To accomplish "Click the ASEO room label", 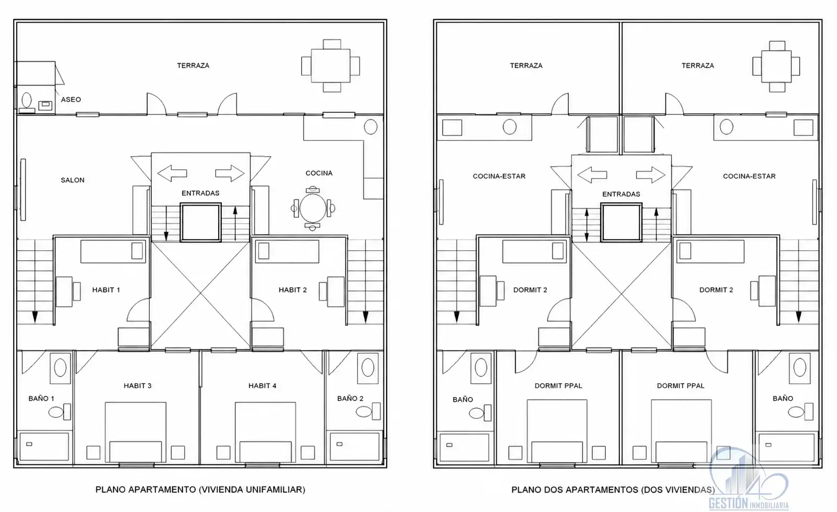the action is click(x=71, y=99).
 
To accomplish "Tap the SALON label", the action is click(x=73, y=180).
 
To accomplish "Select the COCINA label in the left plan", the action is click(x=319, y=173).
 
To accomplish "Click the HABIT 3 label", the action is click(x=138, y=386).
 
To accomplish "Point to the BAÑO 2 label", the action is click(x=350, y=398).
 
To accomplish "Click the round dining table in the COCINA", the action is click(x=313, y=208).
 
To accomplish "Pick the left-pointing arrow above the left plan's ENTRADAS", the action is click(x=172, y=173).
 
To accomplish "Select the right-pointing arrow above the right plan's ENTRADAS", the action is click(x=651, y=174).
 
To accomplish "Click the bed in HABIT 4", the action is click(x=265, y=433).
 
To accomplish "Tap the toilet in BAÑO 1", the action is click(x=60, y=412).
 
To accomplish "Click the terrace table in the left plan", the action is click(x=331, y=66).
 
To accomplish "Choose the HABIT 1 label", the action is click(x=106, y=290).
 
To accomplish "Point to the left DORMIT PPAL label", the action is click(x=558, y=386).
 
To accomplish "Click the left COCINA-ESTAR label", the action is click(x=499, y=176).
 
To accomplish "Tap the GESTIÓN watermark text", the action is click(x=728, y=504).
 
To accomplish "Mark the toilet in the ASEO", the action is click(x=27, y=100).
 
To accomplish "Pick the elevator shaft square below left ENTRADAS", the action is click(x=201, y=223).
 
